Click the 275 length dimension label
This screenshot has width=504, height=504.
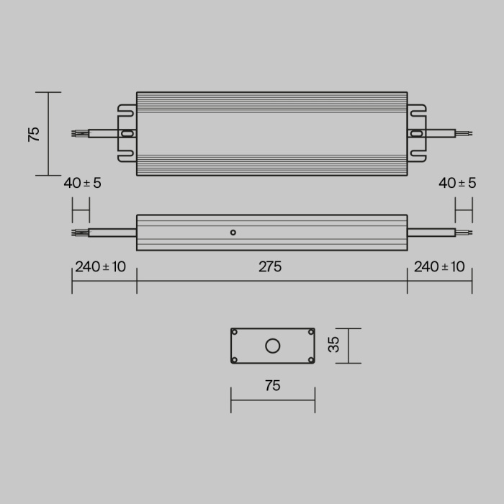(x=270, y=266)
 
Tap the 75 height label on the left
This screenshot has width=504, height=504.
(x=34, y=134)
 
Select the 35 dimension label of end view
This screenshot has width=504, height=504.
(x=333, y=346)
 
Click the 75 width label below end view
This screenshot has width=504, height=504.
(x=272, y=386)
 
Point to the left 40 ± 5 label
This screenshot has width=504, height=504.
(x=82, y=183)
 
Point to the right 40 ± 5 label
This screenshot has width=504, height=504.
(x=457, y=183)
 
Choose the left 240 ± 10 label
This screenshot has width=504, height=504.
(x=100, y=266)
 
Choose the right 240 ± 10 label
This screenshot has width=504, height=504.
(x=439, y=266)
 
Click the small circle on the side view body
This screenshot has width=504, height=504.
(x=233, y=232)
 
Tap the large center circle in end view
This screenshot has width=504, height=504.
(x=272, y=346)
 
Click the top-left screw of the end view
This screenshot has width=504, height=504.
(x=235, y=332)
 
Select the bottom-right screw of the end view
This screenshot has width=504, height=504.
(x=310, y=359)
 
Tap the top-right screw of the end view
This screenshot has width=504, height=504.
(x=310, y=332)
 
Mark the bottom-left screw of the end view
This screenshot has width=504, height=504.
(x=235, y=359)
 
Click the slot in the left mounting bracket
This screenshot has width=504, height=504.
(x=127, y=133)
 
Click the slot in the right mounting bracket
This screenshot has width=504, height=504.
(x=416, y=133)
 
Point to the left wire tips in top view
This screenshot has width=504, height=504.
(x=77, y=133)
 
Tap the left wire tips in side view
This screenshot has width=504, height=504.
(x=77, y=232)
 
